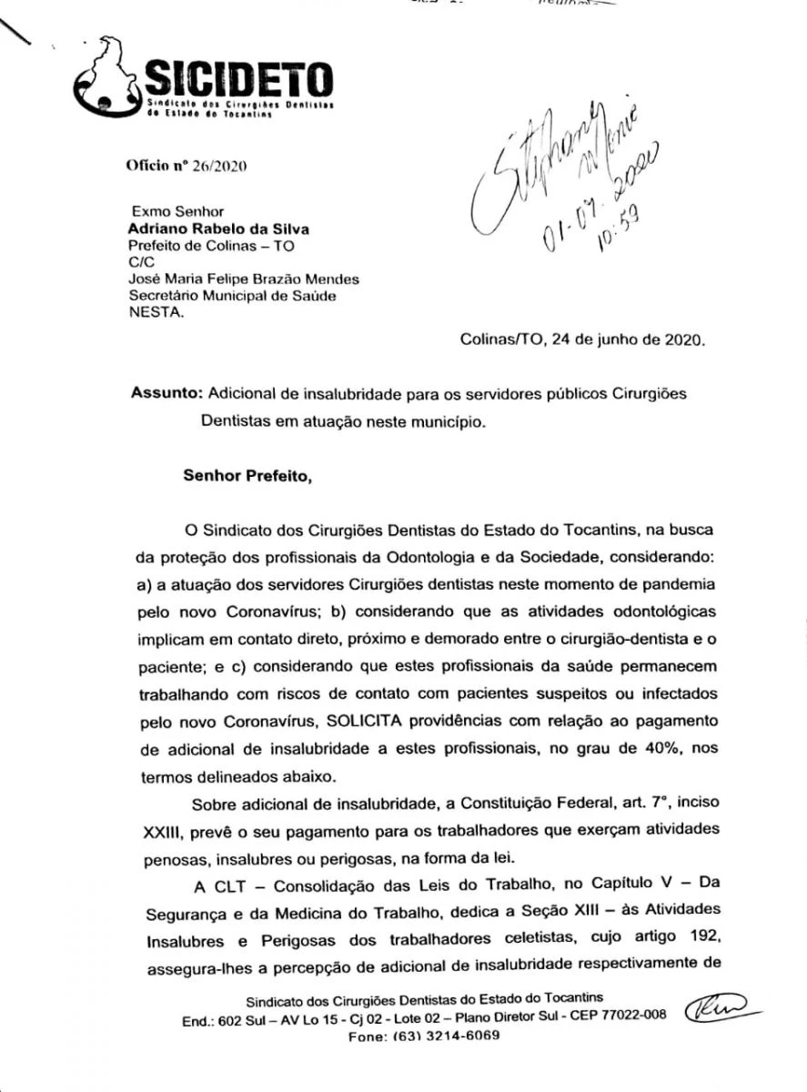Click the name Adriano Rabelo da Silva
pyautogui.click(x=218, y=229)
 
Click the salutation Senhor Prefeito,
pyautogui.click(x=247, y=474)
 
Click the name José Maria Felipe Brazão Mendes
pyautogui.click(x=244, y=278)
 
